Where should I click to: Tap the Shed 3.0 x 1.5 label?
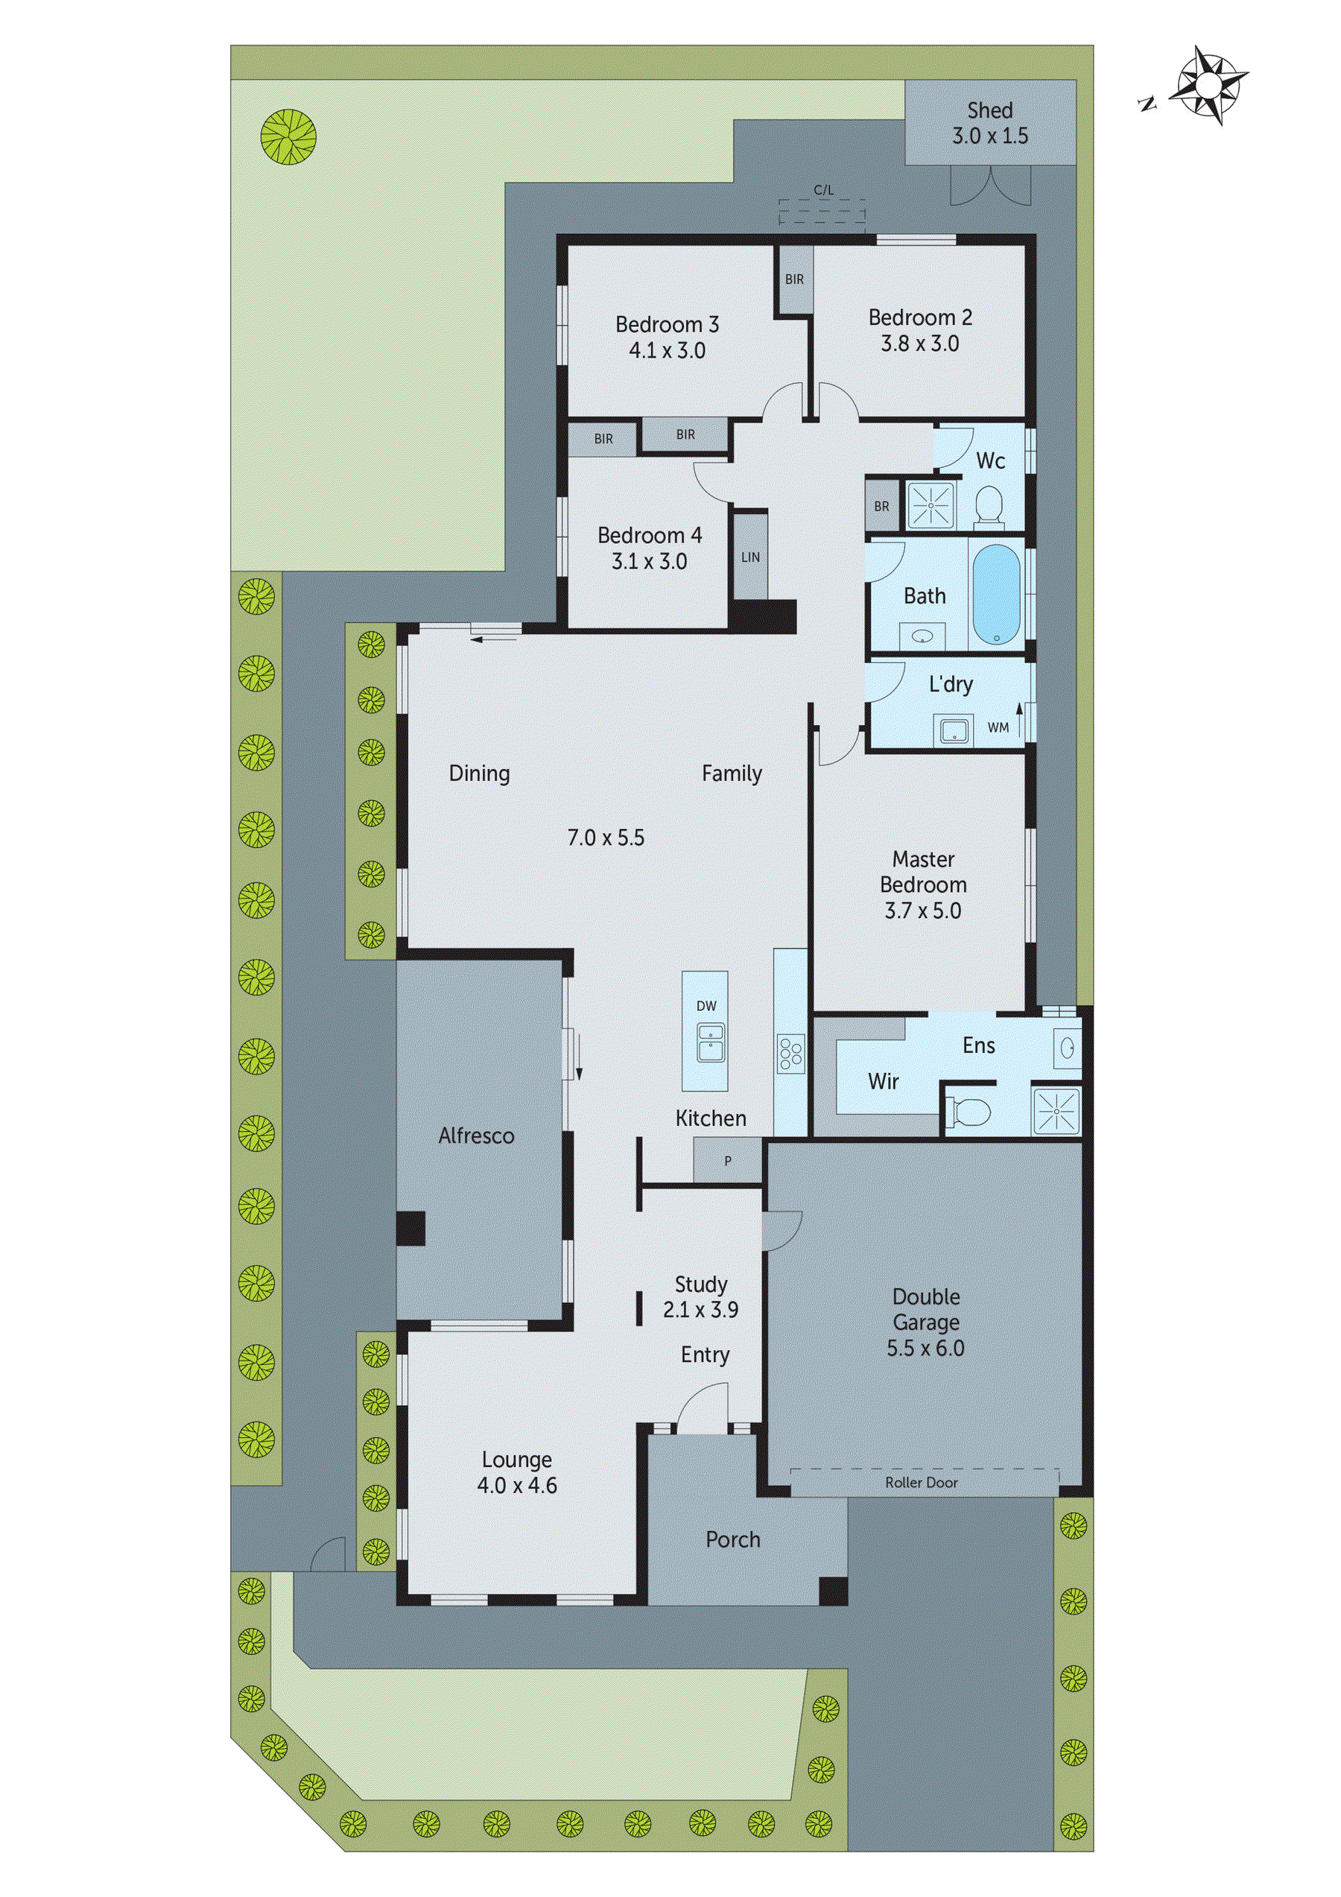point(990,123)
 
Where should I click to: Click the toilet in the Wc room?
point(988,505)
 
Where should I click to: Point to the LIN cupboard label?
point(750,557)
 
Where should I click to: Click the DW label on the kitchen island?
point(706,1006)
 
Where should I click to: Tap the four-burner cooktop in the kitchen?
point(789,1054)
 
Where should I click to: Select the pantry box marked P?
point(727,1161)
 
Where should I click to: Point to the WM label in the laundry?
point(998,728)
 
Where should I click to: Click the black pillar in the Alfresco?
point(410,1228)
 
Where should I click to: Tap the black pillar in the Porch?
point(833,1591)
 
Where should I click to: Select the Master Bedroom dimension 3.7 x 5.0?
point(922,911)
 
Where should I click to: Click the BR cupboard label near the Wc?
point(881,507)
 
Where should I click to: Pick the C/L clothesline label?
point(823,190)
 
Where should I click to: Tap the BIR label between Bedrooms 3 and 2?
point(794,279)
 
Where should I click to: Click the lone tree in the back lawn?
point(288,137)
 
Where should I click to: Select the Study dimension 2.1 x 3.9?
point(700,1310)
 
